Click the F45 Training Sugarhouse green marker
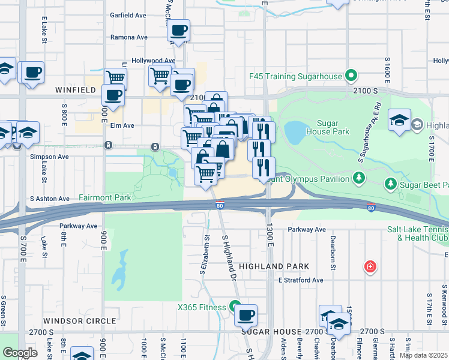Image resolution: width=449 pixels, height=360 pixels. click(x=351, y=77)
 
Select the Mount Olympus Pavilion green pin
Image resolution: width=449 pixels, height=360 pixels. click(x=358, y=178)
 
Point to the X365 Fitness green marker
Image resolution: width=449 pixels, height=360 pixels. click(x=235, y=307)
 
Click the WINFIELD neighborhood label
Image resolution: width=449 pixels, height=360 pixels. click(x=76, y=89)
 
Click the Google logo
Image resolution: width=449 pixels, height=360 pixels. click(x=19, y=353)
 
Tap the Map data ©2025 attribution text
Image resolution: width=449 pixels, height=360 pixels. click(x=424, y=355)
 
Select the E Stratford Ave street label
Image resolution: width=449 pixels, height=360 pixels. click(x=300, y=280)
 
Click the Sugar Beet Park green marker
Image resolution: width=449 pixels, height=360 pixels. click(x=390, y=182)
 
